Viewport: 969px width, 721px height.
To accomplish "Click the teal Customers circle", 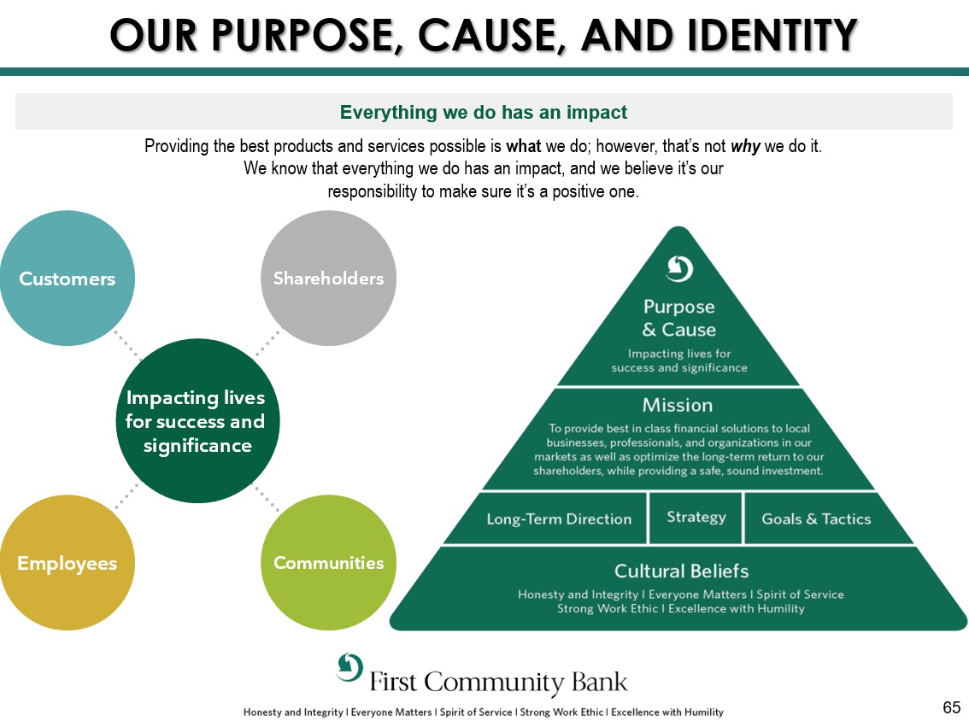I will pyautogui.click(x=67, y=278).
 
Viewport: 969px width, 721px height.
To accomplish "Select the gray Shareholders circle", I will pyautogui.click(x=328, y=278).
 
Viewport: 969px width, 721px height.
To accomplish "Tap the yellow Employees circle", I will pyautogui.click(x=67, y=563).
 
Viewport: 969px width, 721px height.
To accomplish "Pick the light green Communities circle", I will pyautogui.click(x=328, y=563).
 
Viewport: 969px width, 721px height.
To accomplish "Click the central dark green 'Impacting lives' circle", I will pyautogui.click(x=197, y=421).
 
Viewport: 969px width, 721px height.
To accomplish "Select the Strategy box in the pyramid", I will pyautogui.click(x=696, y=517).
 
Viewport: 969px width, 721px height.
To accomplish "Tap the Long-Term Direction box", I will pyautogui.click(x=559, y=519).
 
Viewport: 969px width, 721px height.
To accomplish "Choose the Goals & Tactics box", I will pyautogui.click(x=816, y=519).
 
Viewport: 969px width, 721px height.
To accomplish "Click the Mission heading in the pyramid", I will pyautogui.click(x=678, y=405).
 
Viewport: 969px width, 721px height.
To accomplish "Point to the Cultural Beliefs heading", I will pyautogui.click(x=681, y=571).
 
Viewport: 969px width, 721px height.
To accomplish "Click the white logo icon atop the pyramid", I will pyautogui.click(x=679, y=268).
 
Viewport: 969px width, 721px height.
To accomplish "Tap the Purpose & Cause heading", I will pyautogui.click(x=679, y=318).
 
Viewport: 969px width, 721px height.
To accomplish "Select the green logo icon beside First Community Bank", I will pyautogui.click(x=349, y=666).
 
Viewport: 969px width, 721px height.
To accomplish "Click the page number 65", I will pyautogui.click(x=951, y=707).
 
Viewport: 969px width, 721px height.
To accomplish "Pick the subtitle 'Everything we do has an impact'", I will pyautogui.click(x=484, y=112).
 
